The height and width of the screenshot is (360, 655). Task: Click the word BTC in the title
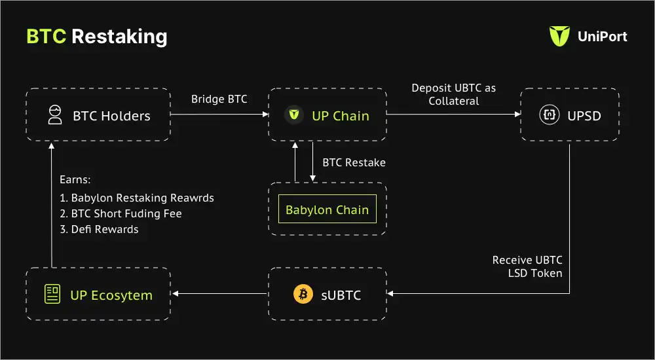tap(46, 36)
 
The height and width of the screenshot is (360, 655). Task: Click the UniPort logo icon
tap(559, 37)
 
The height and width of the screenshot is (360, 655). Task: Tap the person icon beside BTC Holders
tap(55, 116)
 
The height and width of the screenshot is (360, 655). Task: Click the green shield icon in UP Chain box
tap(294, 116)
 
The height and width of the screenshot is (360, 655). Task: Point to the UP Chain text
tap(340, 116)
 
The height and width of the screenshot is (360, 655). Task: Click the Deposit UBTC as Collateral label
tap(454, 94)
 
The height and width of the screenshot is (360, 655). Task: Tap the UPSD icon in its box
tap(548, 116)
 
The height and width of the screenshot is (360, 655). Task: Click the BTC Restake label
tap(354, 162)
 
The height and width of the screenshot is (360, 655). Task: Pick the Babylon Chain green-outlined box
tap(327, 210)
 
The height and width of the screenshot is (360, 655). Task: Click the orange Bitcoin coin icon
tap(303, 295)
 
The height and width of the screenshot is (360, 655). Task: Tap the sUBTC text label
tap(341, 295)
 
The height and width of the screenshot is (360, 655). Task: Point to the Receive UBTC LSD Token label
tap(527, 266)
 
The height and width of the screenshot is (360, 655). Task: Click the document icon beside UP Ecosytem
tap(52, 295)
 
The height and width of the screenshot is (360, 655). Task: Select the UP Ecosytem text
tap(111, 295)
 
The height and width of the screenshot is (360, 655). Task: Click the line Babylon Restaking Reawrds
tap(137, 198)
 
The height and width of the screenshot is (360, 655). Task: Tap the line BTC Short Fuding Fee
tap(121, 213)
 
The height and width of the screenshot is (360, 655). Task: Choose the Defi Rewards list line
tap(99, 229)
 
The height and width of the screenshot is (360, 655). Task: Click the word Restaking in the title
tap(119, 36)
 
